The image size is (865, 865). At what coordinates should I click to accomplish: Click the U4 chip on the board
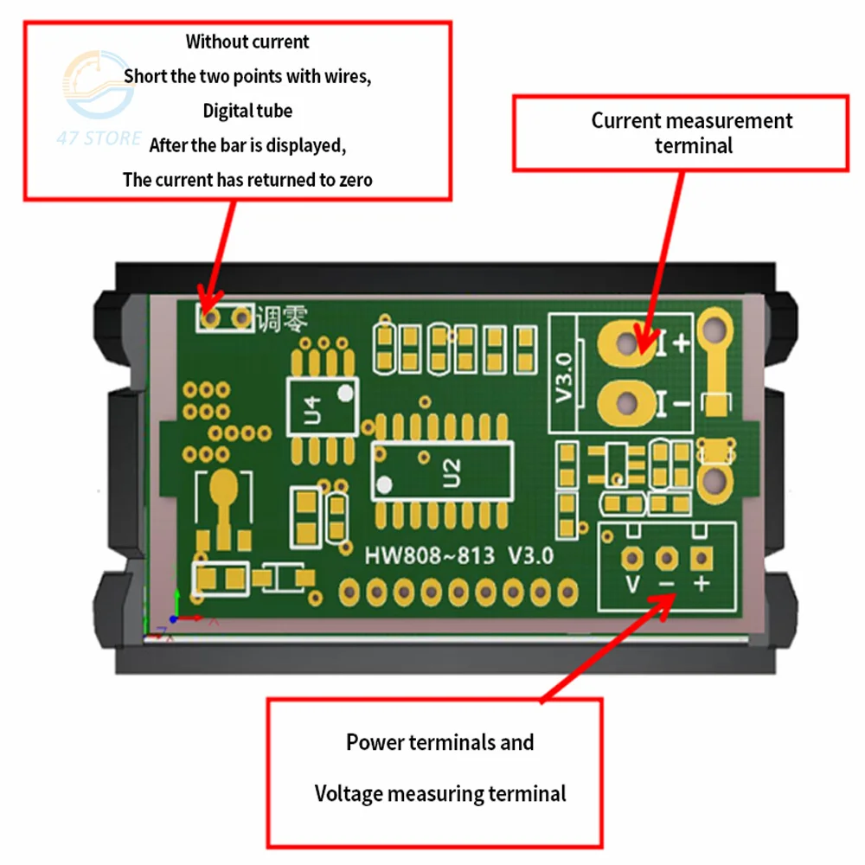[322, 406]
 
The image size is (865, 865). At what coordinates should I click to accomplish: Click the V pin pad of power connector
[634, 558]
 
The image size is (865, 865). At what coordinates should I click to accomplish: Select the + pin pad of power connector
[700, 558]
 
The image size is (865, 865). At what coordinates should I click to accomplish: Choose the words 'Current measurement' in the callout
[691, 120]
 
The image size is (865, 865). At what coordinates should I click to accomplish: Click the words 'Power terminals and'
[440, 742]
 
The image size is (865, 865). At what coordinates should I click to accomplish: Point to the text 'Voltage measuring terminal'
[440, 793]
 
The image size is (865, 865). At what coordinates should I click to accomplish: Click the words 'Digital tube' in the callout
[247, 111]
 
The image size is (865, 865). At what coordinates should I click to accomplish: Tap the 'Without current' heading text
[247, 41]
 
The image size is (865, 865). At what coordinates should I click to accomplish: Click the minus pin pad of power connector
[667, 558]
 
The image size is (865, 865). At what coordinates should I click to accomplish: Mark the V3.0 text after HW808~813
[530, 554]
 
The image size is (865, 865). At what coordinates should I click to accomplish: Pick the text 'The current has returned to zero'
[247, 180]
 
